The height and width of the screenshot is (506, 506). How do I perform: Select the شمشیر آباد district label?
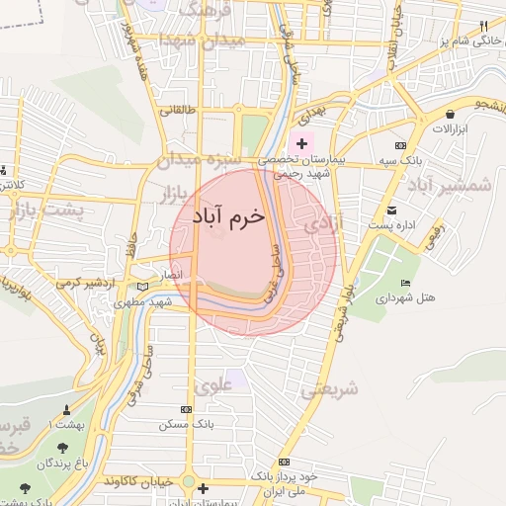pyautogui.click(x=450, y=186)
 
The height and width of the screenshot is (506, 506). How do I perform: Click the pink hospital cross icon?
pyautogui.click(x=301, y=144)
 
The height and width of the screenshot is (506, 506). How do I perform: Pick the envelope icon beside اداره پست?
pyautogui.click(x=392, y=210)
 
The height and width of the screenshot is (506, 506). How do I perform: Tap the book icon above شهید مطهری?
pyautogui.click(x=144, y=288)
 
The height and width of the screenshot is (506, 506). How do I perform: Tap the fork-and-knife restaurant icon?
pyautogui.click(x=483, y=26)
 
